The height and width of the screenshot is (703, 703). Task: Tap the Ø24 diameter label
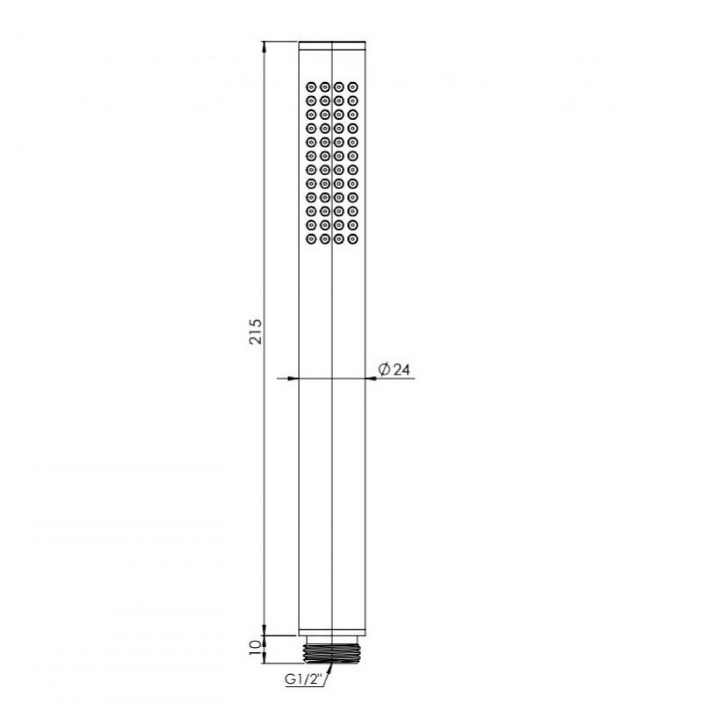coord(394,369)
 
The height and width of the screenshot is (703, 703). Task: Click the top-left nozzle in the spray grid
coord(311,87)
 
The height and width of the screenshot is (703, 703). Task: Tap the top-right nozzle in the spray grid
coord(353,87)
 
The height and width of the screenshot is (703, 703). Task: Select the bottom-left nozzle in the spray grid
coord(311,239)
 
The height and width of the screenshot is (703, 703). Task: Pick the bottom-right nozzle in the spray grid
coord(353,239)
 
